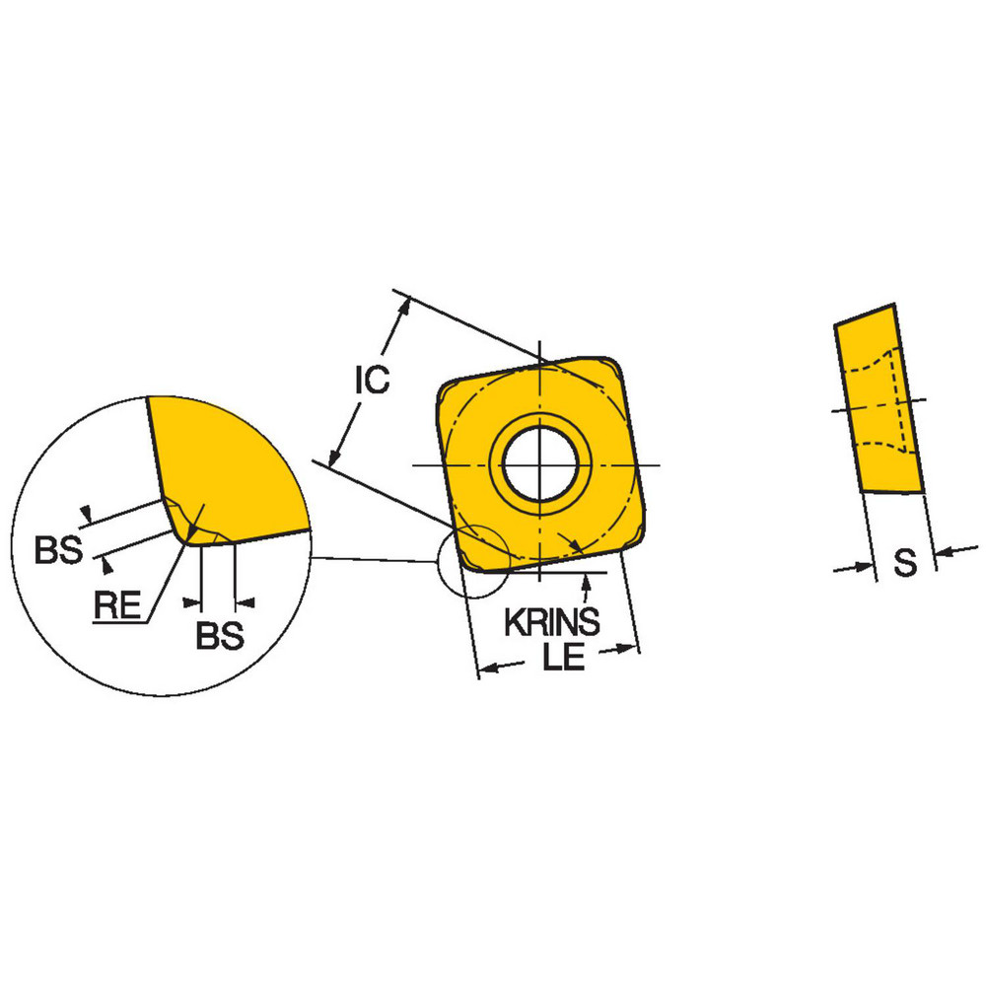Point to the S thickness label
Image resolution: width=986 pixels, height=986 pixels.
coord(904,563)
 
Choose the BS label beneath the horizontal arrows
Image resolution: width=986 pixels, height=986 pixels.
coord(219,637)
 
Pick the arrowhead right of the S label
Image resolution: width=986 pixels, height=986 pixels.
coord(943,554)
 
